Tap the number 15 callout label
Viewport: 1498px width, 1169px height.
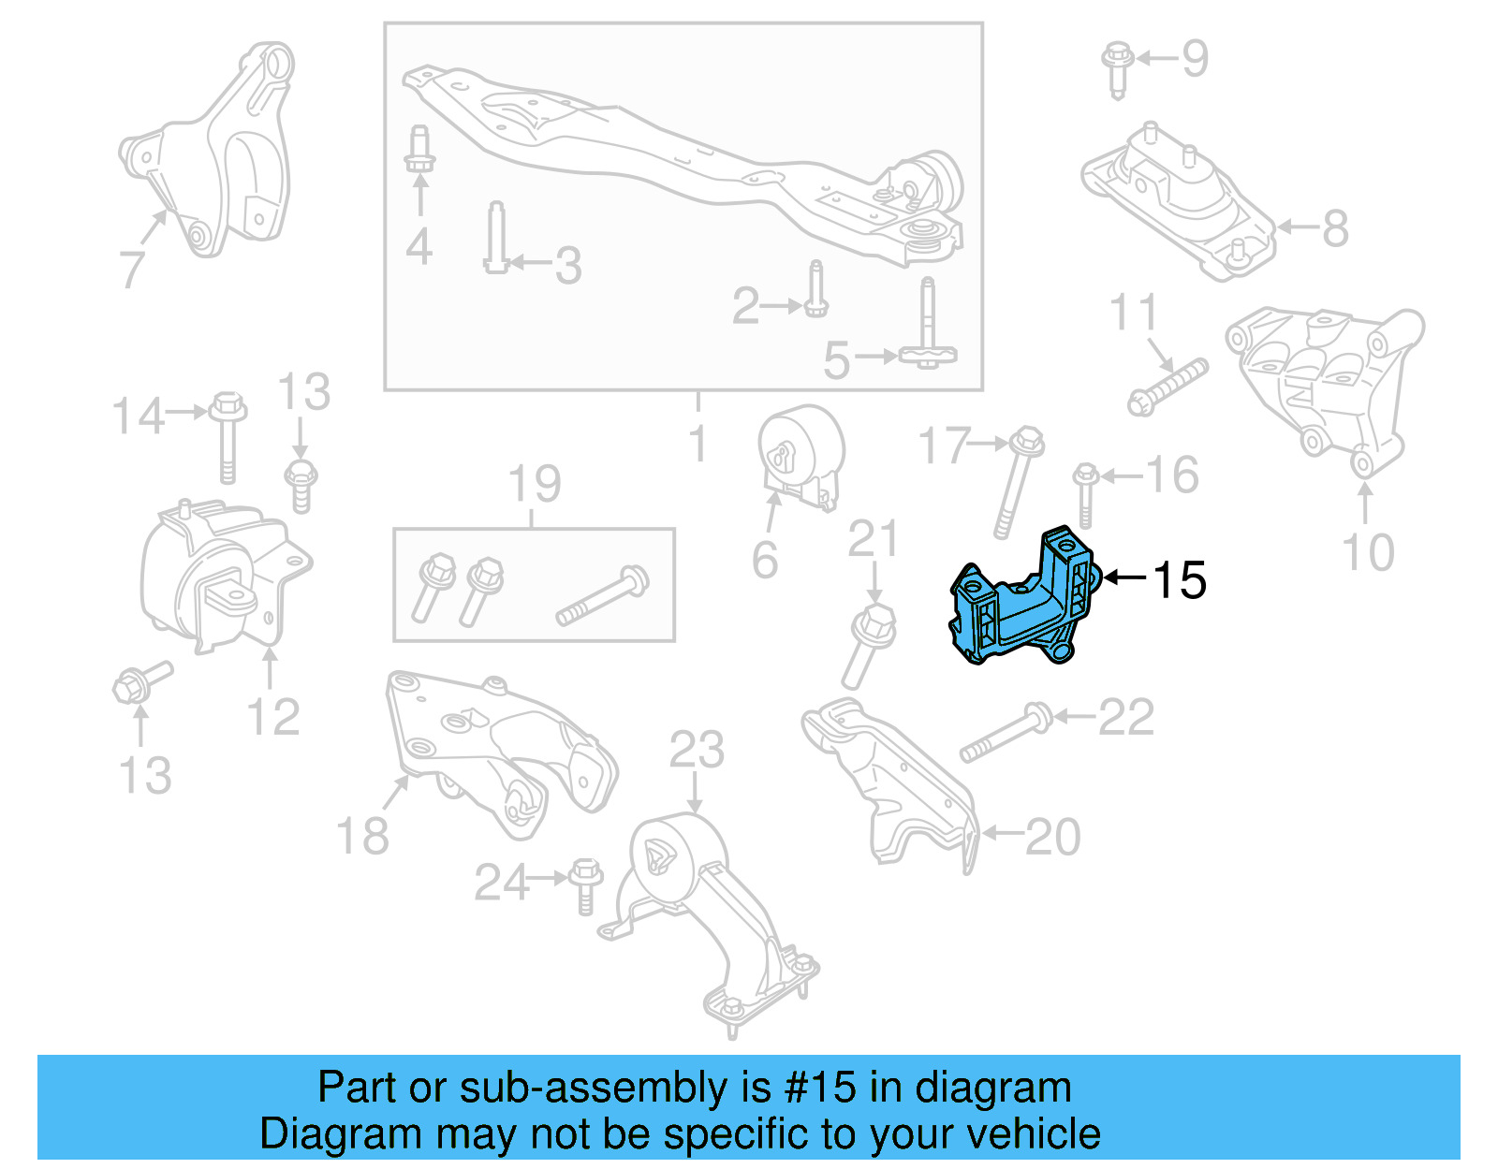click(x=1179, y=580)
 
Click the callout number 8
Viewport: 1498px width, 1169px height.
click(x=1335, y=228)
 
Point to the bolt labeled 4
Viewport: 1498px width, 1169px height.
click(x=419, y=150)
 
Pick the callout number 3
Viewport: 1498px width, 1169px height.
click(x=567, y=266)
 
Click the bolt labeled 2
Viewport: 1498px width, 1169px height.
click(x=816, y=290)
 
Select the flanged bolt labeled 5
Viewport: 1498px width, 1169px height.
click(x=927, y=328)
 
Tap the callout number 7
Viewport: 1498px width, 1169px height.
click(x=132, y=269)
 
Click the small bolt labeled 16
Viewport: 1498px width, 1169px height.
click(x=1086, y=494)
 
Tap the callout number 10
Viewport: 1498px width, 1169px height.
click(x=1368, y=552)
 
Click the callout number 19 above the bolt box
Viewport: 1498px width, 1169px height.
click(x=535, y=484)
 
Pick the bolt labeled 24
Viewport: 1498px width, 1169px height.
click(x=584, y=884)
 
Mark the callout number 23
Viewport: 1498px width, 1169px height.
click(x=697, y=750)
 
